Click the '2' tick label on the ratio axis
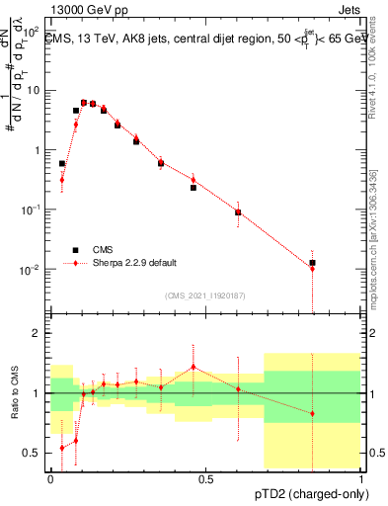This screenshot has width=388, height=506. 39,333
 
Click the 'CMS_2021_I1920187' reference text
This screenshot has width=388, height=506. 205,295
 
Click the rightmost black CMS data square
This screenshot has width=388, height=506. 313,263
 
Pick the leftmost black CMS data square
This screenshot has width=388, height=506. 62,163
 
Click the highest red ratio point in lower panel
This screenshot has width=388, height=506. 194,367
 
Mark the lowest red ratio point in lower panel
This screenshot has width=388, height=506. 62,448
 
